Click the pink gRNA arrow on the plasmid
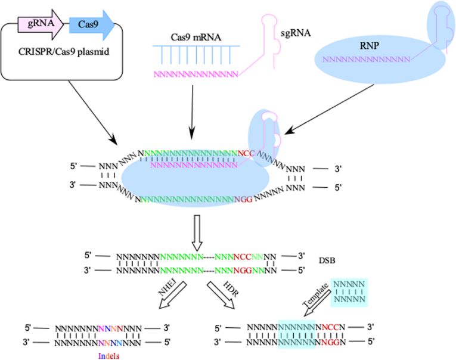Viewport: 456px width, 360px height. tap(41, 24)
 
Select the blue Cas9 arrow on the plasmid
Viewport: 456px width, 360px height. tap(92, 24)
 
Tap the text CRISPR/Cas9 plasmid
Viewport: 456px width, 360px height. tap(64, 52)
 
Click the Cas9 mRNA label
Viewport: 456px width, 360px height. tap(196, 37)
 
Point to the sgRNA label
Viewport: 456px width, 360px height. tap(296, 33)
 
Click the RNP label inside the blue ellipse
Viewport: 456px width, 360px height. tap(370, 46)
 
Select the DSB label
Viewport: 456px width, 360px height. tap(327, 260)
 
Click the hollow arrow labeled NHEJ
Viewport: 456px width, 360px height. tap(173, 295)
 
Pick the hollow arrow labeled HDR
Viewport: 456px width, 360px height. tap(221, 295)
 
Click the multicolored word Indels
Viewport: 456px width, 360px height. tap(108, 356)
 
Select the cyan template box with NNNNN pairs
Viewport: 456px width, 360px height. tap(349, 292)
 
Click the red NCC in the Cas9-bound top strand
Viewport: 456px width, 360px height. tap(246, 153)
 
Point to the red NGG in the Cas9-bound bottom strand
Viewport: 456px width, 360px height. tap(243, 200)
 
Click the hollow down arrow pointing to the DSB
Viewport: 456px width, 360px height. tap(197, 233)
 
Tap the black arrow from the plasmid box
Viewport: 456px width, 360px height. tap(93, 113)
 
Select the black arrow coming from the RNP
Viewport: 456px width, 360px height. tap(329, 109)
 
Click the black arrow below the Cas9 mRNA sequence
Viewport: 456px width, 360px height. tap(192, 112)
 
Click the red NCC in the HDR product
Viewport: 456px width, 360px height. tap(331, 327)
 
